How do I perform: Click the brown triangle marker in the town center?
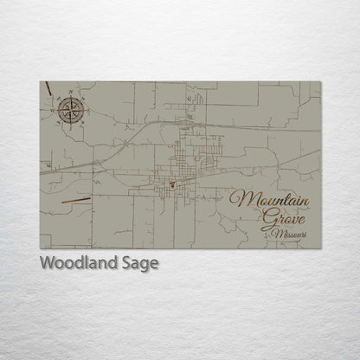(172, 183)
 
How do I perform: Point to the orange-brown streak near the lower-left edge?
(76, 200)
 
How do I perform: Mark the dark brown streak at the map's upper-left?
(48, 89)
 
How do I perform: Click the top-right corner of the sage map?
(320, 81)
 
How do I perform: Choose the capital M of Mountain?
(238, 198)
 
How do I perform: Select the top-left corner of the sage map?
(40, 81)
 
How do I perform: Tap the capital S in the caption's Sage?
(128, 264)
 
